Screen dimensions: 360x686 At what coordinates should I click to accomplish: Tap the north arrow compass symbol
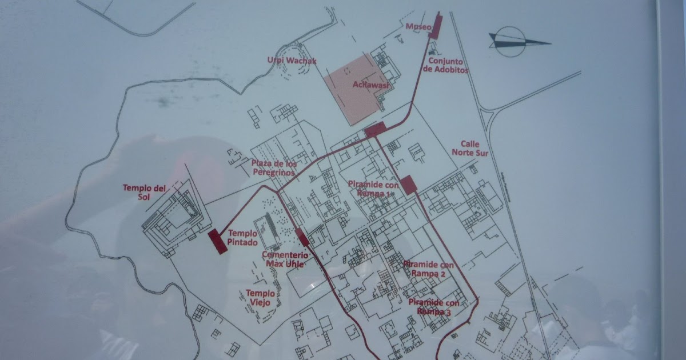tap(517, 42)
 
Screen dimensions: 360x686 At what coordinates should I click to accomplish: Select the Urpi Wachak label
tap(292, 60)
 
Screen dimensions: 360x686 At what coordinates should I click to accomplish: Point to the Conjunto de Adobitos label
tap(446, 65)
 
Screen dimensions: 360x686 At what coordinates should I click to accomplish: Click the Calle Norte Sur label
tap(465, 149)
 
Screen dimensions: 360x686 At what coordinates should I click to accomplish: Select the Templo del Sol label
tap(144, 192)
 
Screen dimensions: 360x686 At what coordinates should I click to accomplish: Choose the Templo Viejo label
tap(261, 297)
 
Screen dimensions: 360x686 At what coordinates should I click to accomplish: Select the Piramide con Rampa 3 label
tap(434, 307)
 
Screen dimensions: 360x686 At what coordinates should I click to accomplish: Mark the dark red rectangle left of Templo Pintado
tap(218, 242)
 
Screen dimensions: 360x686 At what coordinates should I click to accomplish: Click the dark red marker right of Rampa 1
tap(408, 185)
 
